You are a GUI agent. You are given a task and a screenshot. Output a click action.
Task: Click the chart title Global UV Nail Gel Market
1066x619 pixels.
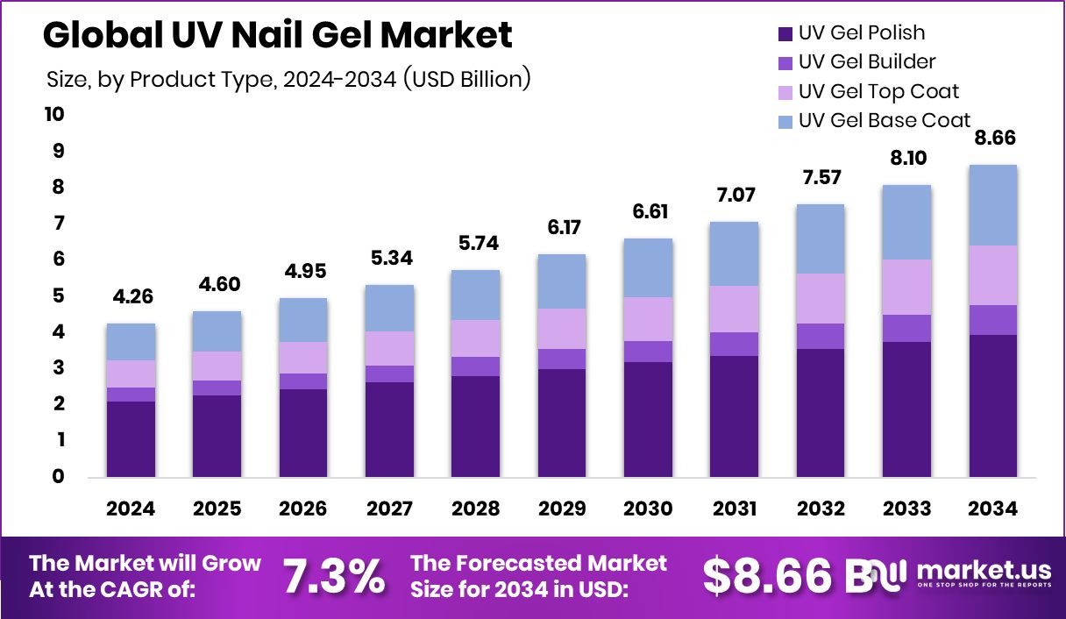coord(277,36)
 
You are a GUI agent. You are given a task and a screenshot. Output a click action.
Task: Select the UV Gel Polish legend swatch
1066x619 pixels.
coord(785,34)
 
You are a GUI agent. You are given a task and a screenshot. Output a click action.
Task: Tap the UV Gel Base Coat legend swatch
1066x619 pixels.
coord(785,121)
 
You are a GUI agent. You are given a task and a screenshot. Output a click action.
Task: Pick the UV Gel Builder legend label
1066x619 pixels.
coord(867,62)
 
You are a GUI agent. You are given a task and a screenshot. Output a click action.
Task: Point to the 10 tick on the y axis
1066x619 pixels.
coord(54,115)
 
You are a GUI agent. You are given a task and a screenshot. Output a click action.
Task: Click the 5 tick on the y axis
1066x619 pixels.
coord(59,295)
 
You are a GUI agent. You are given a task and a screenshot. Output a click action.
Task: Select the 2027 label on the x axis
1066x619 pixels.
coord(389,509)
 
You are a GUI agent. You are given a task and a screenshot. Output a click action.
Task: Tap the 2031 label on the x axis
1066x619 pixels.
coord(734,509)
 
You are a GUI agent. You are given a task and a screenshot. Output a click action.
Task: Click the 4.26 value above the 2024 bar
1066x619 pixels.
coord(131,297)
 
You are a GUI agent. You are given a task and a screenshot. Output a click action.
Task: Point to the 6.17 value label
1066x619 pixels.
coord(562,228)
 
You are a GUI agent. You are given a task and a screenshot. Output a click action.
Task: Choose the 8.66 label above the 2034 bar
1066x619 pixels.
coord(993,139)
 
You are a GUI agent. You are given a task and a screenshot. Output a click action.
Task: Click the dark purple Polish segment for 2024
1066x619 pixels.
coord(131,438)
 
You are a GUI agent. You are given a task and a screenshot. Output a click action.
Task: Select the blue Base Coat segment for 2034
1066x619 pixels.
coord(993,205)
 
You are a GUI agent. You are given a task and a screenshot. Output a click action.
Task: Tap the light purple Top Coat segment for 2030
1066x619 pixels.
coord(648,319)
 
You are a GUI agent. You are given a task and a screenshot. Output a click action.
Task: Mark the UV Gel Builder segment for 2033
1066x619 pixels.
coord(907,328)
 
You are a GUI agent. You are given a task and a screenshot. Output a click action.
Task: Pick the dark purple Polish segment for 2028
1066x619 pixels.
coord(475,426)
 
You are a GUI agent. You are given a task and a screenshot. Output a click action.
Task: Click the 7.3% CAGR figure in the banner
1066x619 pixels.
coord(334,576)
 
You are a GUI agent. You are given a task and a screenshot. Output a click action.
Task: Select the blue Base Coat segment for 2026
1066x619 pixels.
coord(303,320)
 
